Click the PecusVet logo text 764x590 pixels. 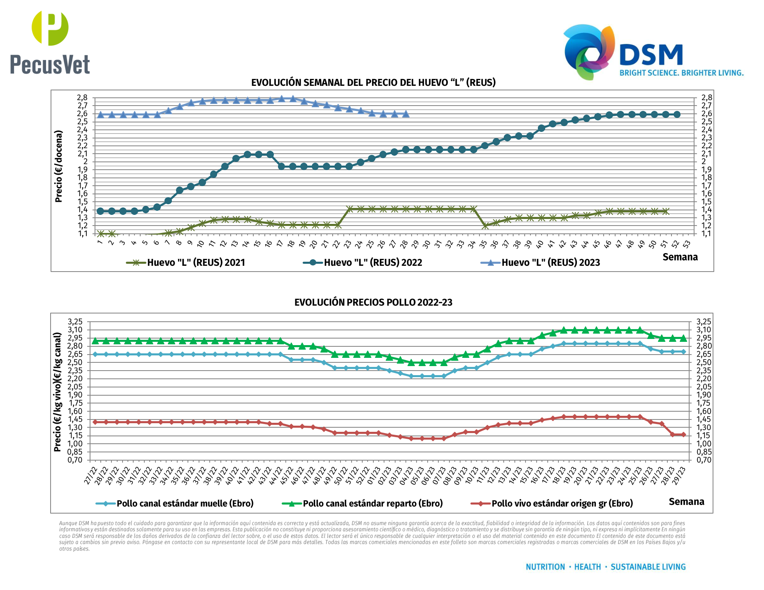pos(50,65)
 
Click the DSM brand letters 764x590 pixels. pos(651,55)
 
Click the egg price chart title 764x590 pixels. pos(373,83)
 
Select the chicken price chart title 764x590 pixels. pos(373,302)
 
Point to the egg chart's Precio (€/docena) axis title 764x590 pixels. pos(59,166)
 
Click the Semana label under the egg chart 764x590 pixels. pos(680,257)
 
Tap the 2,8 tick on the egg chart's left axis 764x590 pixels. pos(82,98)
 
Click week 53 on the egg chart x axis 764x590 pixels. pos(687,244)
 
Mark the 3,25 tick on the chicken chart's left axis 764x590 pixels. pos(75,322)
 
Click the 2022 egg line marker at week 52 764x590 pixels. pos(677,114)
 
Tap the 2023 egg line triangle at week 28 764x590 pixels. pos(406,113)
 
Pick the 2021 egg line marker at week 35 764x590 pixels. pos(485,226)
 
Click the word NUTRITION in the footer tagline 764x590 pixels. pos(545,567)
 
